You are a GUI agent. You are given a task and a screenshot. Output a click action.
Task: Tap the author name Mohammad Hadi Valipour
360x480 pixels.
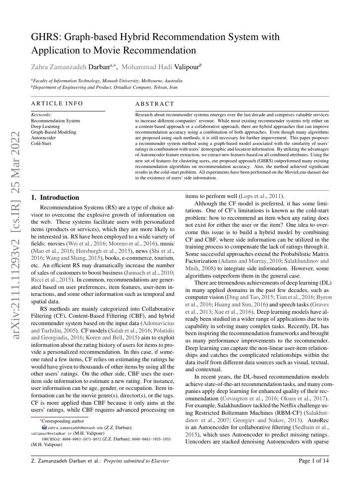161,67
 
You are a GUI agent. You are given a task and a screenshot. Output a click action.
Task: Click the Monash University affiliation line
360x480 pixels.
107,81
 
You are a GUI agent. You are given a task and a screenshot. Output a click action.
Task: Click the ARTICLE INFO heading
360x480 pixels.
57,104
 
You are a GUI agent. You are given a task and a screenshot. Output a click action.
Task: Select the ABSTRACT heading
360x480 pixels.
155,104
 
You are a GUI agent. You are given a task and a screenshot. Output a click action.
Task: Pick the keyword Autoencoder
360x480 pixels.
44,138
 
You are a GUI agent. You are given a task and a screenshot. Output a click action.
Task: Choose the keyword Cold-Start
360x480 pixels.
41,143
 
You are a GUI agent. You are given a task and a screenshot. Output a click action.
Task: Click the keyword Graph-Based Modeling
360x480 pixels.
54,132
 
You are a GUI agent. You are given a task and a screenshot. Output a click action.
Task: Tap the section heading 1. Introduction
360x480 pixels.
55,198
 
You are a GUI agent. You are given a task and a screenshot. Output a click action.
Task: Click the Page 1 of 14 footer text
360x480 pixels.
313,460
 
